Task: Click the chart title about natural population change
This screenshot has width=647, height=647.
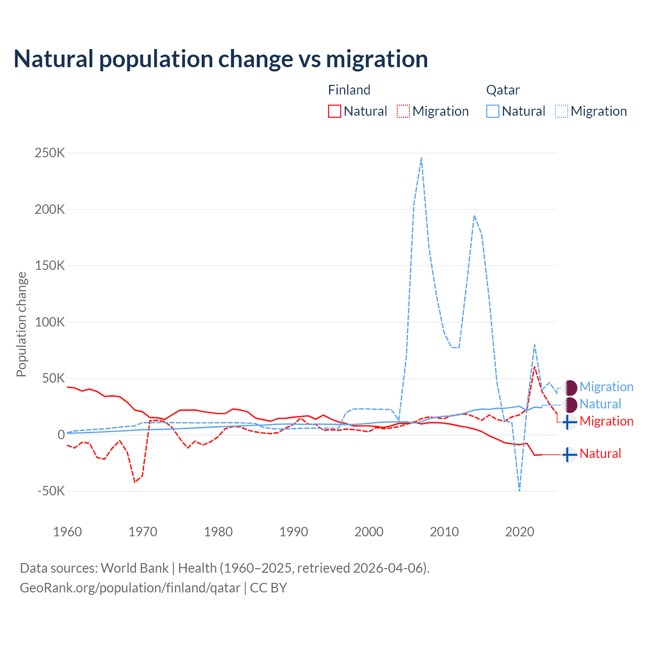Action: click(x=221, y=59)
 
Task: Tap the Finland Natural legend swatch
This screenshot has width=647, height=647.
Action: click(x=334, y=111)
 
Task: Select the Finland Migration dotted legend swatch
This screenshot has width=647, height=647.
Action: click(x=403, y=111)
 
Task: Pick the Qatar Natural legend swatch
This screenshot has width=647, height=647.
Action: click(x=493, y=111)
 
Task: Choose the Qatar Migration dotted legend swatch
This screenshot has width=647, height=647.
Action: click(x=562, y=111)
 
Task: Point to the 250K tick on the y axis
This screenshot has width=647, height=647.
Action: click(x=50, y=153)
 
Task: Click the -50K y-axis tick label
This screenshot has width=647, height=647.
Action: click(x=51, y=491)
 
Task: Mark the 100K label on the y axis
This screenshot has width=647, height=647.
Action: click(x=50, y=322)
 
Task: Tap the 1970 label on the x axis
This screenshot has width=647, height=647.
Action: click(x=143, y=532)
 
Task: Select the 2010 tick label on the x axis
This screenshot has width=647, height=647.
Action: click(x=444, y=532)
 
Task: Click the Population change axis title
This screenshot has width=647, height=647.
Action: click(x=21, y=324)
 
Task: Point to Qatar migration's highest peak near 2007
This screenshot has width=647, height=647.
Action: click(x=421, y=158)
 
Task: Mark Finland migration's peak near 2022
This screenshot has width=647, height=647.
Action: click(x=534, y=366)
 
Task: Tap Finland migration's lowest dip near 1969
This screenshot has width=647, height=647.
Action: click(x=135, y=482)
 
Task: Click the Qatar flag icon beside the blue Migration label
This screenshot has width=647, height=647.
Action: click(x=570, y=388)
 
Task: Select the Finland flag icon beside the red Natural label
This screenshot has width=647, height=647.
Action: click(x=570, y=455)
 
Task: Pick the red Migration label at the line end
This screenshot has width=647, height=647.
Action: click(x=606, y=421)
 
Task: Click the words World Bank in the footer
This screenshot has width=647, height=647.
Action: click(x=134, y=568)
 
